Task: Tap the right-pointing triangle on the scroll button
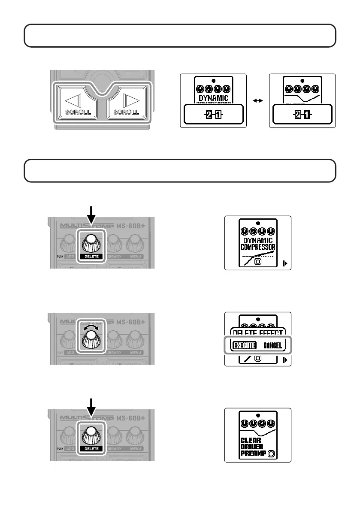(127, 100)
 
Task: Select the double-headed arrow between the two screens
(258, 100)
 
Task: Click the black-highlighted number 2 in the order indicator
(209, 115)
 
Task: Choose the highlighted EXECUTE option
(244, 345)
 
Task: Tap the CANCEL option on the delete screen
(272, 345)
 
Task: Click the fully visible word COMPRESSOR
(257, 248)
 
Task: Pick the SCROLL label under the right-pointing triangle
(126, 112)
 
